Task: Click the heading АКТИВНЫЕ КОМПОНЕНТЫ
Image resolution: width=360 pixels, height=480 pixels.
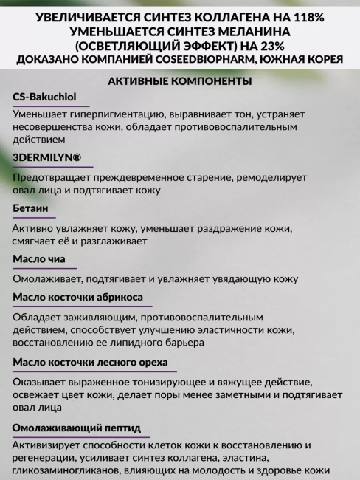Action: tap(179, 81)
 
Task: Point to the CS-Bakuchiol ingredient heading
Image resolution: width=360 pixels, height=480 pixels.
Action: tap(44, 97)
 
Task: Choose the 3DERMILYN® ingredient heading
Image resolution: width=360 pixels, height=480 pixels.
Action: tap(46, 158)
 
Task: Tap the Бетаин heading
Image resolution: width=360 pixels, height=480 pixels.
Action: tap(30, 209)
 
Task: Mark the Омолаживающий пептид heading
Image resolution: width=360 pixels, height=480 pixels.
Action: tap(77, 428)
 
